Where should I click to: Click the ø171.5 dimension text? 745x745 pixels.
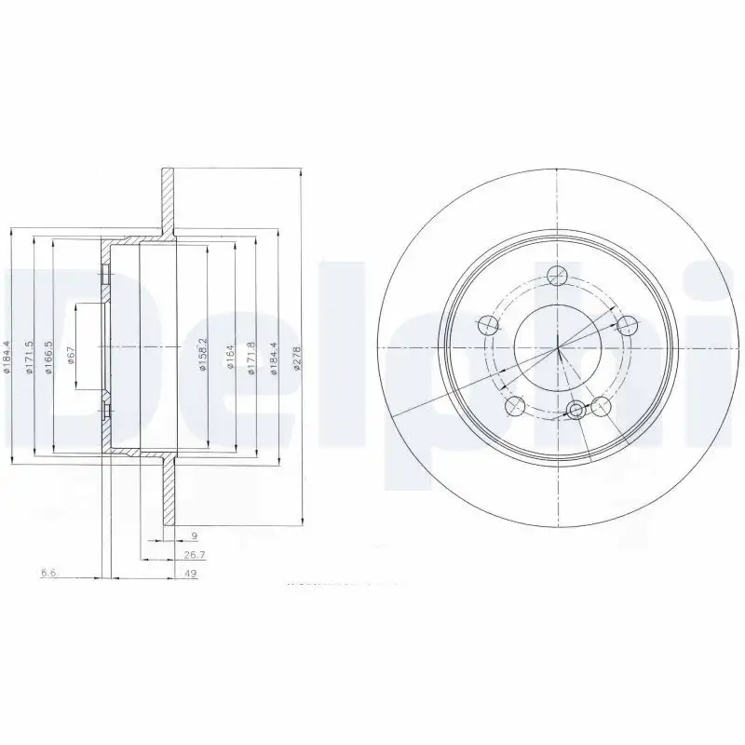29,357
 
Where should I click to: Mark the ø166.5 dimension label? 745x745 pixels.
49,357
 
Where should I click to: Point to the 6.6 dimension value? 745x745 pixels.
48,574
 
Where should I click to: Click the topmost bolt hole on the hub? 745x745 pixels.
558,275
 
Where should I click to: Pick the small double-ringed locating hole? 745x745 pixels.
577,410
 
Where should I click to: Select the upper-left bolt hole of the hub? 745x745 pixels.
487,325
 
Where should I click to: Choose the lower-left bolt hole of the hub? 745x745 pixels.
513,407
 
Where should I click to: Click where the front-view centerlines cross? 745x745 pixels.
557,349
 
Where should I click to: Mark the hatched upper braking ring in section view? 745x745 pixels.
168,199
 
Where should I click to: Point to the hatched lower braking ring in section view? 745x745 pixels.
168,494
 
